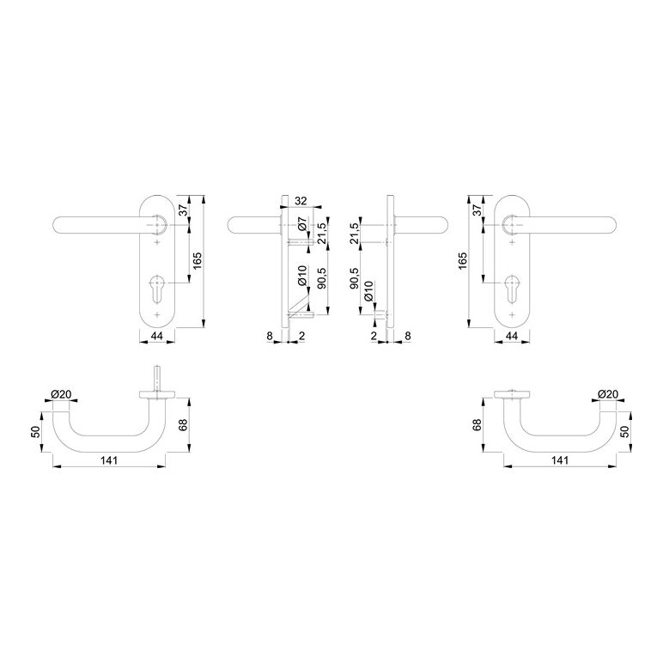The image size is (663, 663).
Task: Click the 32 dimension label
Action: tap(301, 201)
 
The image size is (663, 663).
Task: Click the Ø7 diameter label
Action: tap(301, 223)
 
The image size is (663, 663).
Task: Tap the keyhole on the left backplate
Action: tap(157, 288)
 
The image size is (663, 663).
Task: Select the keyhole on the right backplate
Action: tap(512, 288)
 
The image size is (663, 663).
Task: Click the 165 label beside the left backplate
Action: tap(198, 261)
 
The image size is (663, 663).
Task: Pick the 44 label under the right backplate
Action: tap(512, 336)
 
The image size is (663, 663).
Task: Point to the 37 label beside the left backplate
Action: tap(183, 210)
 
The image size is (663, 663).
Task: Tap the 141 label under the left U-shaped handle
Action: tap(109, 460)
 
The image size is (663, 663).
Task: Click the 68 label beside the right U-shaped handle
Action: tap(477, 425)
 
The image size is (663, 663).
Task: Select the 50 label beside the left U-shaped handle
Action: tap(35, 431)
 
